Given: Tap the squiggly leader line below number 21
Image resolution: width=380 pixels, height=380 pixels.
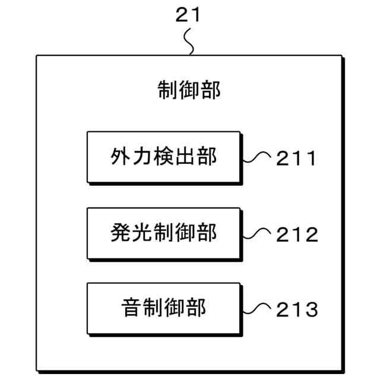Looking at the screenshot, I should click(189, 42).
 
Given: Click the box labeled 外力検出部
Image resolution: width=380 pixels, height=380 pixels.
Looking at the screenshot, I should click(163, 157).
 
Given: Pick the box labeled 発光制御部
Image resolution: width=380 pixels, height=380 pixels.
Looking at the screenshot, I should click(163, 233).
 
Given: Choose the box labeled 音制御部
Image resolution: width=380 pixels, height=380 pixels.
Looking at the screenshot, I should click(163, 308).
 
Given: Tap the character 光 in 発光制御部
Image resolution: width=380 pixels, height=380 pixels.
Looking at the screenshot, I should click(142, 233).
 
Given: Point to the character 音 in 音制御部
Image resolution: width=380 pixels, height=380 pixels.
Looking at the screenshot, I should click(131, 308).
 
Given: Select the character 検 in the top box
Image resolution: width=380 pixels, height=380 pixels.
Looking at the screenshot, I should click(163, 157).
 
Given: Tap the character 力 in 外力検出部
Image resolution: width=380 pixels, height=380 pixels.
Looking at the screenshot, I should click(142, 157).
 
